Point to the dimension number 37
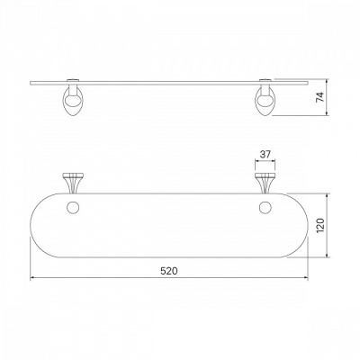coord(265,154)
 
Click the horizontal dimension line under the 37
coord(265,161)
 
